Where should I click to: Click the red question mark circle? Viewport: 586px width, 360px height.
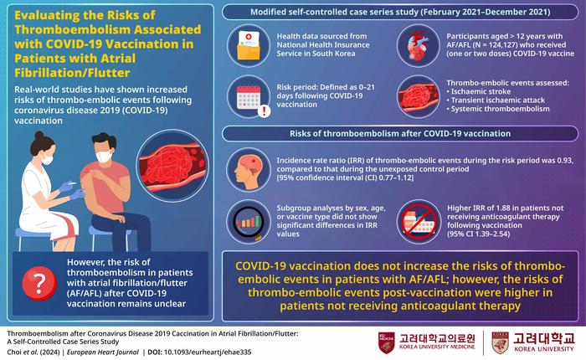coord(39,283)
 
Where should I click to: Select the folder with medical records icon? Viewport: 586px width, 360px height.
coord(249,45)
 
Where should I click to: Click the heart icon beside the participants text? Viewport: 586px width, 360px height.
coord(418,45)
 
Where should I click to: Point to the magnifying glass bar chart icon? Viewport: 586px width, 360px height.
coord(249,222)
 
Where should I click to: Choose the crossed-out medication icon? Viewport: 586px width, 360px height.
coord(419,222)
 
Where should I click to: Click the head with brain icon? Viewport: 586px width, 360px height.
coord(249,170)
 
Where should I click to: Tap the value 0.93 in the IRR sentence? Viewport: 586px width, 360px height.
coord(565,161)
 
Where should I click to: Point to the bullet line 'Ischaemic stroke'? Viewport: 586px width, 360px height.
coord(478,91)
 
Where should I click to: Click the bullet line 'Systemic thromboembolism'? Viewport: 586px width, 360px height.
coord(498,109)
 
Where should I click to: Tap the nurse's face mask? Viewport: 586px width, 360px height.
coord(47,159)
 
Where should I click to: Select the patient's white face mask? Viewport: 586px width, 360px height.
coord(104,156)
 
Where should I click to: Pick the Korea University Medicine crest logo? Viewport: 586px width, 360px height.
coord(387,342)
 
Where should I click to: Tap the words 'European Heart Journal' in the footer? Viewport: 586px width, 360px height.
coord(103,352)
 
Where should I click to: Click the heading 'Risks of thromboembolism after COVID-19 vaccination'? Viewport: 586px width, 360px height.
coord(400,133)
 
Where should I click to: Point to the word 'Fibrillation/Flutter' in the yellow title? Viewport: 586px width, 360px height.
coord(72,73)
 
